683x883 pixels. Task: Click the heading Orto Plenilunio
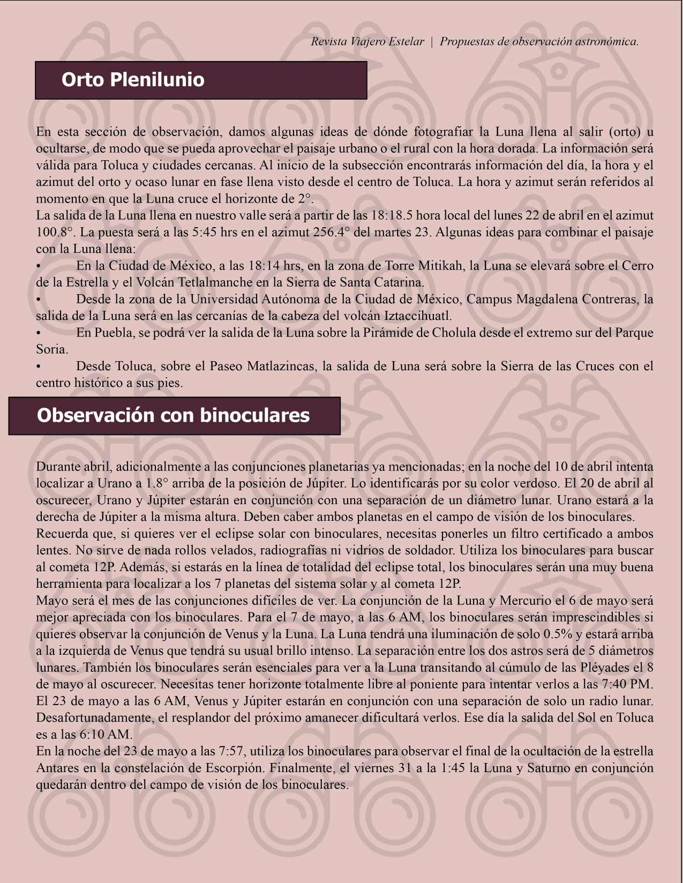click(x=133, y=80)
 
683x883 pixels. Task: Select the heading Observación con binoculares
click(x=173, y=415)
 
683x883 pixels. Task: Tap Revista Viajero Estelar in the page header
click(x=367, y=41)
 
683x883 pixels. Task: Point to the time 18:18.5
click(x=391, y=215)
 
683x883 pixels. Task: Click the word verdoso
click(x=532, y=483)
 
